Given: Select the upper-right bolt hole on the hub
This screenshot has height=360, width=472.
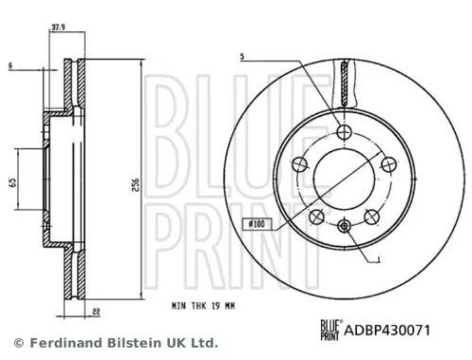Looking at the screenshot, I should point(386,165).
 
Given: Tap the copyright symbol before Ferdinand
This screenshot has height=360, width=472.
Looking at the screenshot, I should point(17,342).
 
